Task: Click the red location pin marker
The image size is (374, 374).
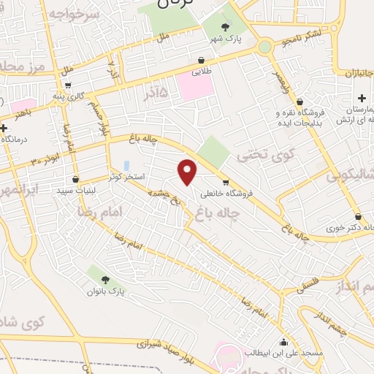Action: pos(188,171)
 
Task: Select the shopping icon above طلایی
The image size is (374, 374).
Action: pos(200,61)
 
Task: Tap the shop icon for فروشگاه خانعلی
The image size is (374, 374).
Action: pos(225,182)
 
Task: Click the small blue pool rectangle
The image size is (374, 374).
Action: pos(126,166)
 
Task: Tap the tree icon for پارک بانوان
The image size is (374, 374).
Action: pos(105,280)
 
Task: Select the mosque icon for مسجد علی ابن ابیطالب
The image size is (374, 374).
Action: pos(283,342)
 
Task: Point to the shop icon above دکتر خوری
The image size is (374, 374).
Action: pos(357,216)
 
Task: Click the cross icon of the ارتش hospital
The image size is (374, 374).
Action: pos(362,98)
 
